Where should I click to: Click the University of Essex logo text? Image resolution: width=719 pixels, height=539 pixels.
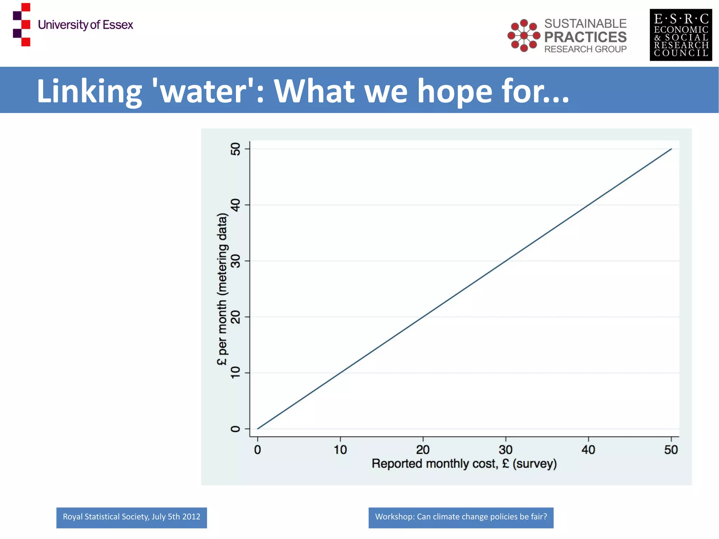tap(85, 25)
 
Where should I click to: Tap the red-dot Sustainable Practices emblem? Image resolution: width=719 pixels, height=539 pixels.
tap(524, 35)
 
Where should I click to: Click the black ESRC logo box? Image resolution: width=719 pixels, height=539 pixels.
tap(681, 35)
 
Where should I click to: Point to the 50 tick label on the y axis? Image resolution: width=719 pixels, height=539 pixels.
tap(236, 149)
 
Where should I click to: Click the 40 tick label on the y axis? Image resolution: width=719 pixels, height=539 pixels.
tap(236, 205)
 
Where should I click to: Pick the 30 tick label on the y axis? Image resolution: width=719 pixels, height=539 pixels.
tap(236, 261)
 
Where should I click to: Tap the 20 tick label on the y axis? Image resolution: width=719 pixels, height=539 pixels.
tap(236, 317)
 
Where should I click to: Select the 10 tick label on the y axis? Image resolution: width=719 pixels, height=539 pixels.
tap(236, 373)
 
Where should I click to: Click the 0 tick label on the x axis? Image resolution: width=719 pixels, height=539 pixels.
tap(257, 450)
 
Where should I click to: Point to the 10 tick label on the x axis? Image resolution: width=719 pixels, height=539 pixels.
tap(340, 450)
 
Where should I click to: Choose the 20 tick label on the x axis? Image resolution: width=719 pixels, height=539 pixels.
tap(423, 450)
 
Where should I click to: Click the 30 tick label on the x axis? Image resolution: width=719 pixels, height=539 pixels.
tap(506, 450)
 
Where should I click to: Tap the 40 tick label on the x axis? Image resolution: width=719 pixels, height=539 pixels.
tap(588, 450)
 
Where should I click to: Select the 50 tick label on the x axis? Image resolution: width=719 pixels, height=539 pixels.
tap(671, 450)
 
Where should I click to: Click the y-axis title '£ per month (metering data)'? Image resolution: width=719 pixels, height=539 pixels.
tap(222, 289)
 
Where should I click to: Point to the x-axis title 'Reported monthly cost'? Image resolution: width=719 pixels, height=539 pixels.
tap(464, 464)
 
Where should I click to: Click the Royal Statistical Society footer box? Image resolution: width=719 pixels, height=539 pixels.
tap(132, 517)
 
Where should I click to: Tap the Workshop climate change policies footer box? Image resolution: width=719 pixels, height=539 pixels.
tap(461, 517)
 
